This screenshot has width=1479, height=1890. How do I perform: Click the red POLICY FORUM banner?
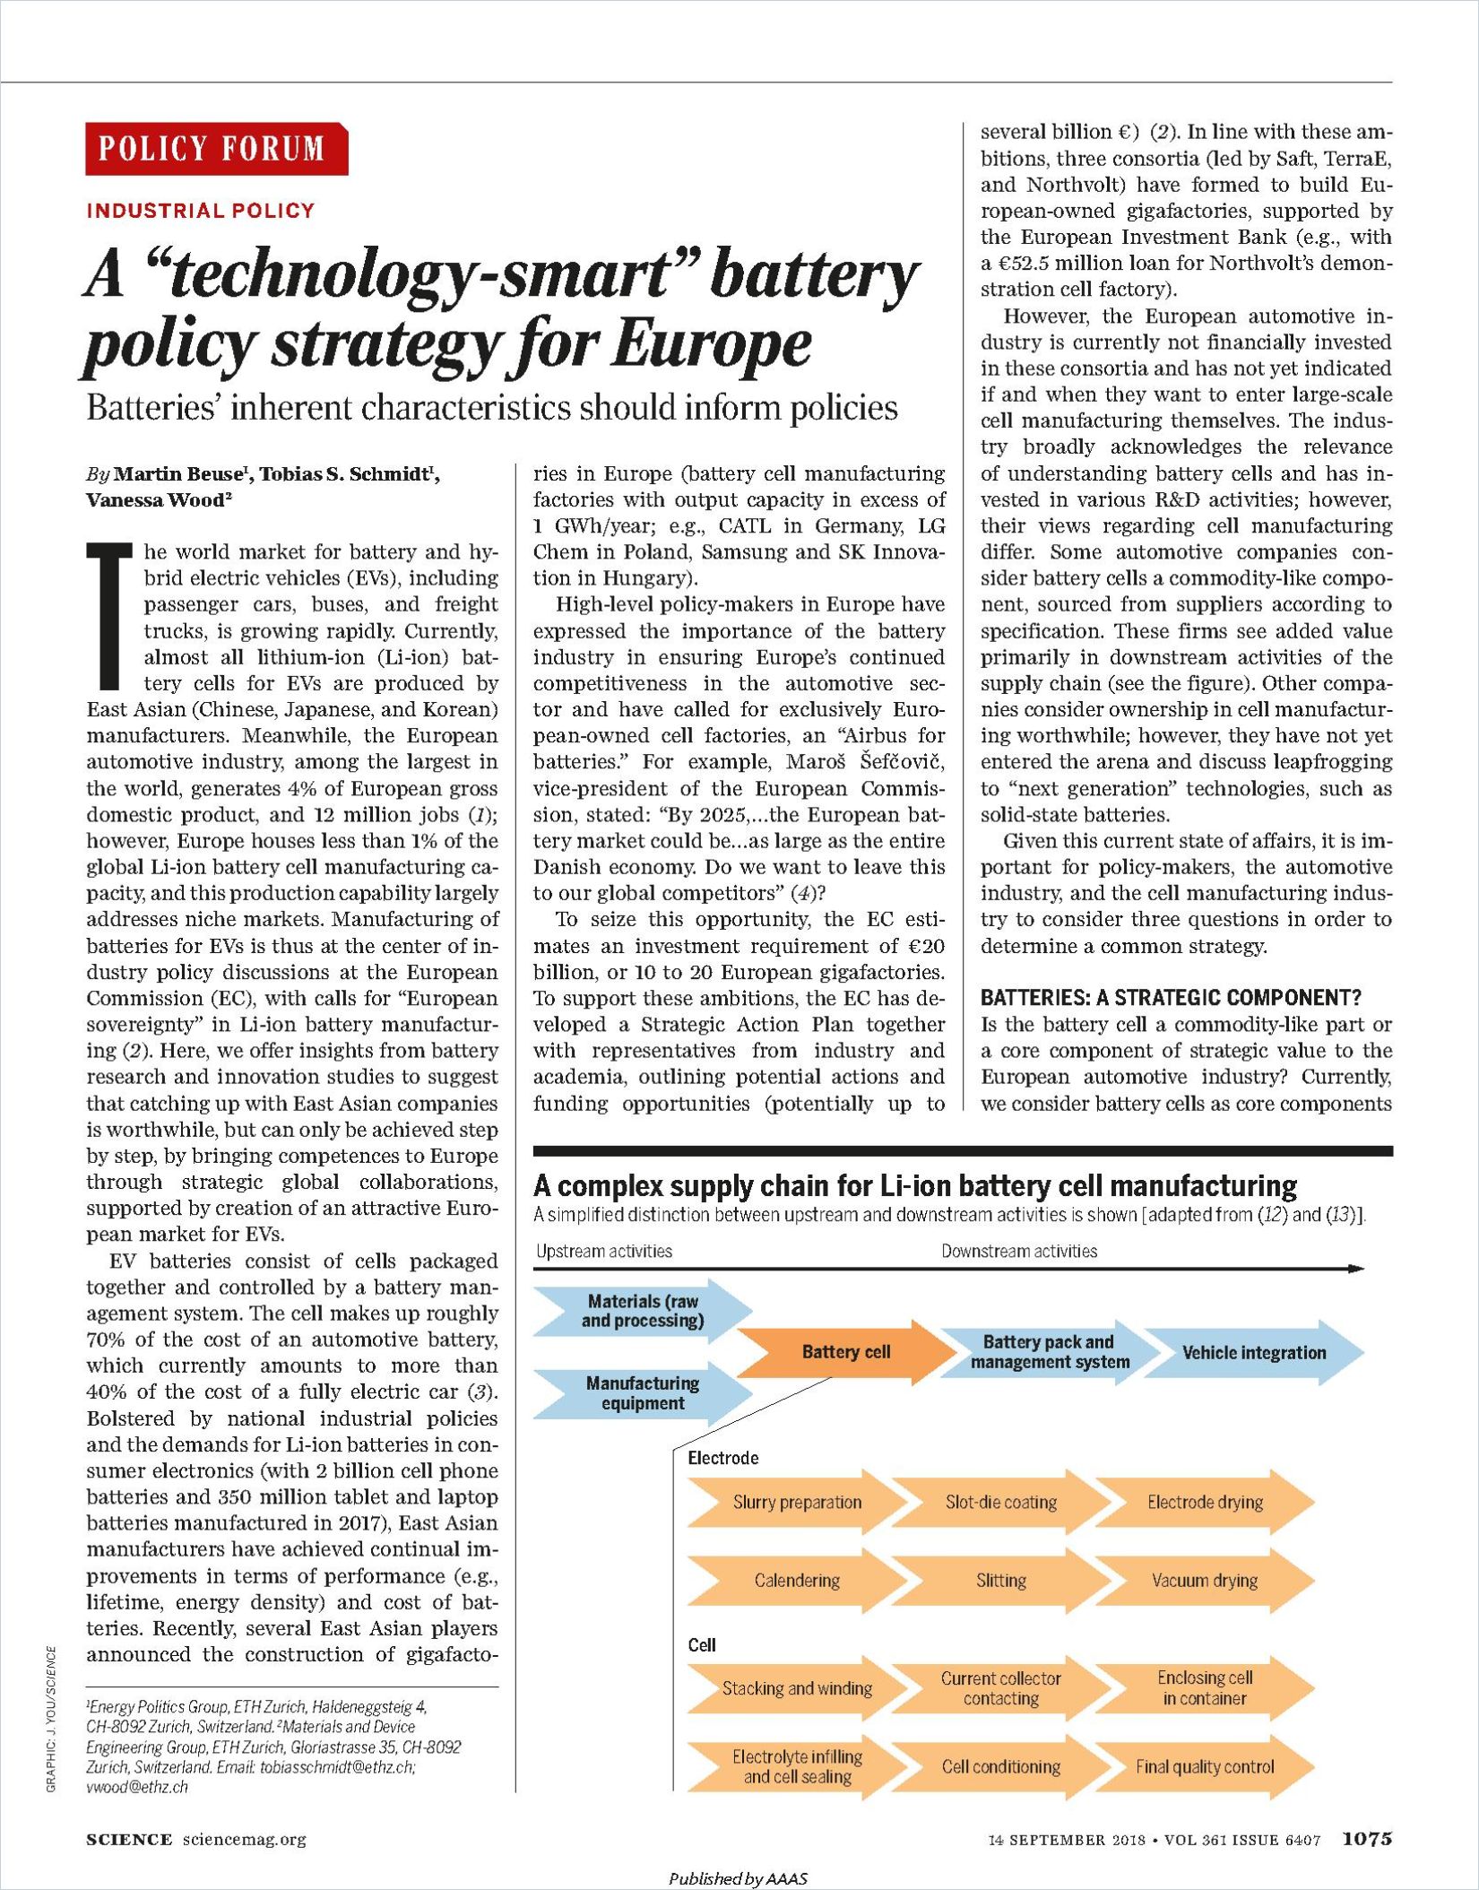point(216,148)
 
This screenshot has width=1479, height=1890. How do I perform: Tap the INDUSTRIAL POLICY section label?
point(201,211)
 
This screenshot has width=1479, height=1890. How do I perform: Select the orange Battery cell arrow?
point(846,1352)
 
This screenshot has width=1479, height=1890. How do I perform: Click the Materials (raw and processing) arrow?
point(642,1311)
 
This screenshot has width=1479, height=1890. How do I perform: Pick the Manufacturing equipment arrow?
point(642,1392)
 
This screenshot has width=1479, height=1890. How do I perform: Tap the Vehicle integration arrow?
point(1253,1352)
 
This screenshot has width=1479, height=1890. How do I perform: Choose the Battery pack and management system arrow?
point(1049,1352)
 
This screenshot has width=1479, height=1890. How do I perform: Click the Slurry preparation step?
point(797,1502)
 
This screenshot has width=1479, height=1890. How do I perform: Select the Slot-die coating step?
point(1000,1502)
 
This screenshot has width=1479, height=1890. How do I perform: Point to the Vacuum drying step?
point(1204,1580)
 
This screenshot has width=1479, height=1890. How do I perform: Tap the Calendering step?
point(797,1580)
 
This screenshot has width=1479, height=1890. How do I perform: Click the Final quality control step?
point(1204,1766)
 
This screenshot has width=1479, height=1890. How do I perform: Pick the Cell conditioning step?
point(1000,1766)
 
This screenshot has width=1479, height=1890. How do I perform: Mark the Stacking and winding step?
point(797,1688)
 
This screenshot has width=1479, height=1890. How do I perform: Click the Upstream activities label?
point(603,1251)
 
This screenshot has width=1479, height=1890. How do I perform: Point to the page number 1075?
point(1366,1839)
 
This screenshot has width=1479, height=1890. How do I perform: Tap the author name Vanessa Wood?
point(154,500)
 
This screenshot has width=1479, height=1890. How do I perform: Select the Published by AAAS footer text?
point(739,1877)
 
